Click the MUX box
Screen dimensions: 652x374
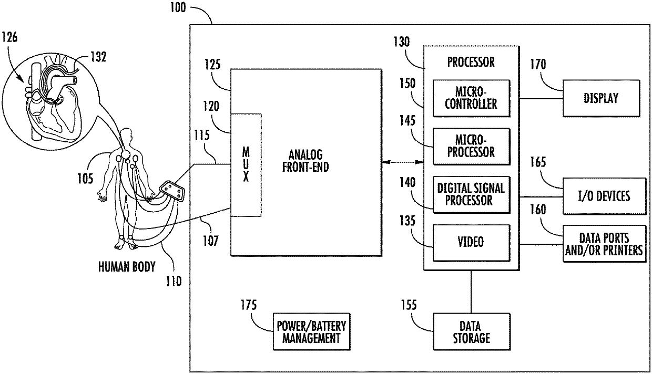(246, 165)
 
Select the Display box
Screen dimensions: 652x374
(602, 98)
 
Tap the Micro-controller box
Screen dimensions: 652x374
(472, 98)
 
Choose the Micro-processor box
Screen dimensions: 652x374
(472, 147)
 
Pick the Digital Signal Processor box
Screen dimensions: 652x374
(472, 194)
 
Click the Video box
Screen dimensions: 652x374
(472, 243)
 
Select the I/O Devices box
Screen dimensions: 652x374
(604, 196)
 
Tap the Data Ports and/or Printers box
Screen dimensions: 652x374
(604, 244)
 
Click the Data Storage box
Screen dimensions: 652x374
(472, 331)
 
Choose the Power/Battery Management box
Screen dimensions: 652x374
(311, 331)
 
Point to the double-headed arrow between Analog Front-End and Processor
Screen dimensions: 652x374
(403, 162)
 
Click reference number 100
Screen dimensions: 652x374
(178, 7)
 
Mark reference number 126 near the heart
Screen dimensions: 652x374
(9, 37)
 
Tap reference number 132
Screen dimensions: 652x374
(99, 57)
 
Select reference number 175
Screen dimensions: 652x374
(249, 305)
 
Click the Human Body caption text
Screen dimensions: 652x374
(127, 267)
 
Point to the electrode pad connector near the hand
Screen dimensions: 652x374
(172, 191)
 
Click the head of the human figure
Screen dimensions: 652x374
(126, 134)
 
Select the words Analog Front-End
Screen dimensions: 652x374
(305, 161)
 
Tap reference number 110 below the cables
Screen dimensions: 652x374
(174, 281)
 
